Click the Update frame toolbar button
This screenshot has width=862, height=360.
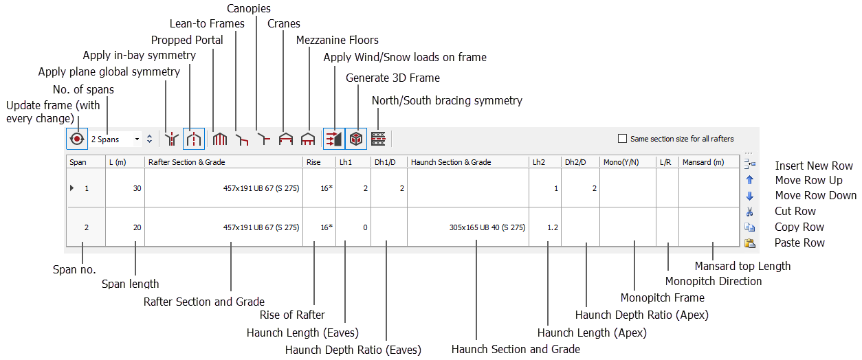(x=77, y=139)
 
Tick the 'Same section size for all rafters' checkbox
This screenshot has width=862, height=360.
(x=623, y=139)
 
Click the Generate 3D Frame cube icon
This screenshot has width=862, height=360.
(x=356, y=139)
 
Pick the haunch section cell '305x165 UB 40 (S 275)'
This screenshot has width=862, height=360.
(x=468, y=227)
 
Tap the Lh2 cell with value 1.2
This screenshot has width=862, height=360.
(x=545, y=227)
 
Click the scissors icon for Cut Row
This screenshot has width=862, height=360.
(x=750, y=212)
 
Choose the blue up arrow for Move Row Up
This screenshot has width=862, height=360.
(x=750, y=180)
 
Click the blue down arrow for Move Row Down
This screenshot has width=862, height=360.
(x=750, y=196)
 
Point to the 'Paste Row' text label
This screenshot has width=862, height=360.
(x=799, y=243)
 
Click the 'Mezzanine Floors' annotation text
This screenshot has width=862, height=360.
(x=337, y=40)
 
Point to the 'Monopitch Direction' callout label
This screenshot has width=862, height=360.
(x=714, y=281)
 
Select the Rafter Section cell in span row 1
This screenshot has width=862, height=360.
(x=224, y=188)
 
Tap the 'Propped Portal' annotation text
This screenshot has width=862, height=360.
(x=187, y=40)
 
